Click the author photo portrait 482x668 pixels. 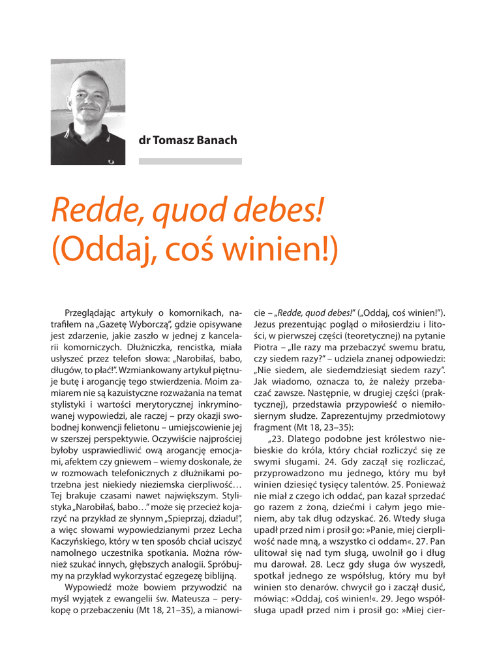pos(87,112)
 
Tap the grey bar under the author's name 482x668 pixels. pos(190,160)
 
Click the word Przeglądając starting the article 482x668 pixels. pos(95,306)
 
